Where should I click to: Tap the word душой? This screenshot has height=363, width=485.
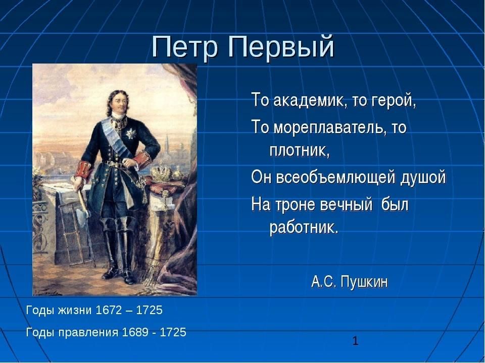pyautogui.click(x=423, y=177)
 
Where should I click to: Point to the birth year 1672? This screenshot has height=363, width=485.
pyautogui.click(x=109, y=310)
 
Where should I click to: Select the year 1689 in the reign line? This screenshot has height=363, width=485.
pyautogui.click(x=135, y=332)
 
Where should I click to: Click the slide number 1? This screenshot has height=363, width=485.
pyautogui.click(x=355, y=341)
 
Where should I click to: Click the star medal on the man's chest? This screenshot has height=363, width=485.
pyautogui.click(x=130, y=133)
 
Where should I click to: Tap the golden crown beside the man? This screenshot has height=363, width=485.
pyautogui.click(x=161, y=173)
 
